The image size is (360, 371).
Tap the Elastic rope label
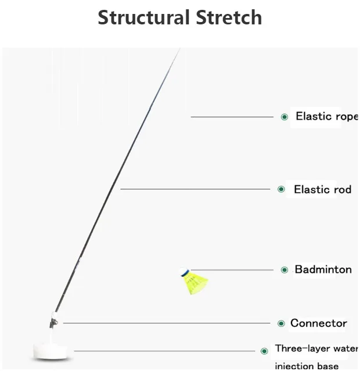pyautogui.click(x=326, y=116)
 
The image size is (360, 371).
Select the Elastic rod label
pyautogui.click(x=322, y=189)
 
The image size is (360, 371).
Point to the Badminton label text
pyautogui.click(x=323, y=269)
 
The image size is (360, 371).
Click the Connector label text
pyautogui.click(x=319, y=323)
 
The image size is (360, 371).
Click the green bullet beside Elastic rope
pyautogui.click(x=285, y=117)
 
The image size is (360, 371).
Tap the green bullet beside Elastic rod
pyautogui.click(x=282, y=189)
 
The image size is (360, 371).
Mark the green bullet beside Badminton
pyautogui.click(x=285, y=270)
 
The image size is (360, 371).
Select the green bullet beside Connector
pyautogui.click(x=282, y=323)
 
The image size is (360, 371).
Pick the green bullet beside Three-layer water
pyautogui.click(x=264, y=351)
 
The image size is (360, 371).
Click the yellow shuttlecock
pyautogui.click(x=196, y=283)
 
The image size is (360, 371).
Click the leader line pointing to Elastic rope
pyautogui.click(x=232, y=117)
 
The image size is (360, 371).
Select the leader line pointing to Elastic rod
pyautogui.click(x=197, y=189)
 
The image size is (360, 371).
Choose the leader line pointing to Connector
pyautogui.click(x=168, y=323)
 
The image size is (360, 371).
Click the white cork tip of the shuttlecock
pyautogui.click(x=184, y=271)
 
